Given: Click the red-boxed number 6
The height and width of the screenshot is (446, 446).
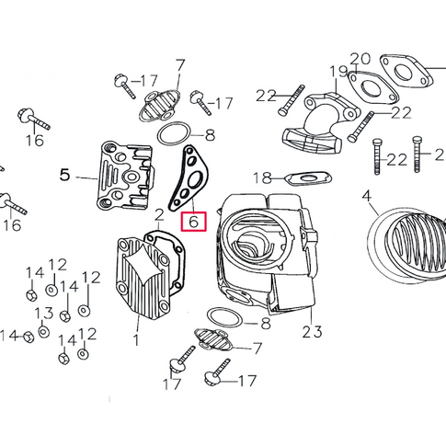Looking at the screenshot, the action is click(x=194, y=222).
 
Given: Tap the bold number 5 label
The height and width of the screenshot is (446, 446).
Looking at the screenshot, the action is click(x=64, y=175).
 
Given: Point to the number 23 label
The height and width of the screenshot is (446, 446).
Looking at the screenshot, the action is click(x=312, y=332).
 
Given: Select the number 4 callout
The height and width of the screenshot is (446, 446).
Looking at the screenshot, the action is click(x=367, y=196).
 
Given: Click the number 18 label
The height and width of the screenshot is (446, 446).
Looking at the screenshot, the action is click(x=263, y=177).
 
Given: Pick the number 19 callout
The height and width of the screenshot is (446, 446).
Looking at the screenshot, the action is click(x=338, y=72).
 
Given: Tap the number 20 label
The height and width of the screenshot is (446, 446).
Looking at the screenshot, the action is click(x=360, y=59).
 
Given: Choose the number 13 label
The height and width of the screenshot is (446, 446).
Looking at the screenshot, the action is click(x=44, y=314).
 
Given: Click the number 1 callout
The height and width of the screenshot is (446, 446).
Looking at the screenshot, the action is click(x=136, y=340).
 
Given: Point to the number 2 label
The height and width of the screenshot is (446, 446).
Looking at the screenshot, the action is click(x=159, y=215).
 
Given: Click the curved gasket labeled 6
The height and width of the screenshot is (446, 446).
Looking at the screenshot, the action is click(x=189, y=177).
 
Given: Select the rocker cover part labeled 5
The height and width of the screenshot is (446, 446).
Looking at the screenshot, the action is click(x=125, y=175).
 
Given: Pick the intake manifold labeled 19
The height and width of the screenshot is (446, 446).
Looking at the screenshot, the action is click(x=320, y=124).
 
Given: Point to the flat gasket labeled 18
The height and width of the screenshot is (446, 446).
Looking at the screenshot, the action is click(x=308, y=177).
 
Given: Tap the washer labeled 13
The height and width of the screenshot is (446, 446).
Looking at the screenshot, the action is click(x=44, y=332).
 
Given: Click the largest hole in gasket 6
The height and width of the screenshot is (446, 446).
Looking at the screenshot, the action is click(x=194, y=180).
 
